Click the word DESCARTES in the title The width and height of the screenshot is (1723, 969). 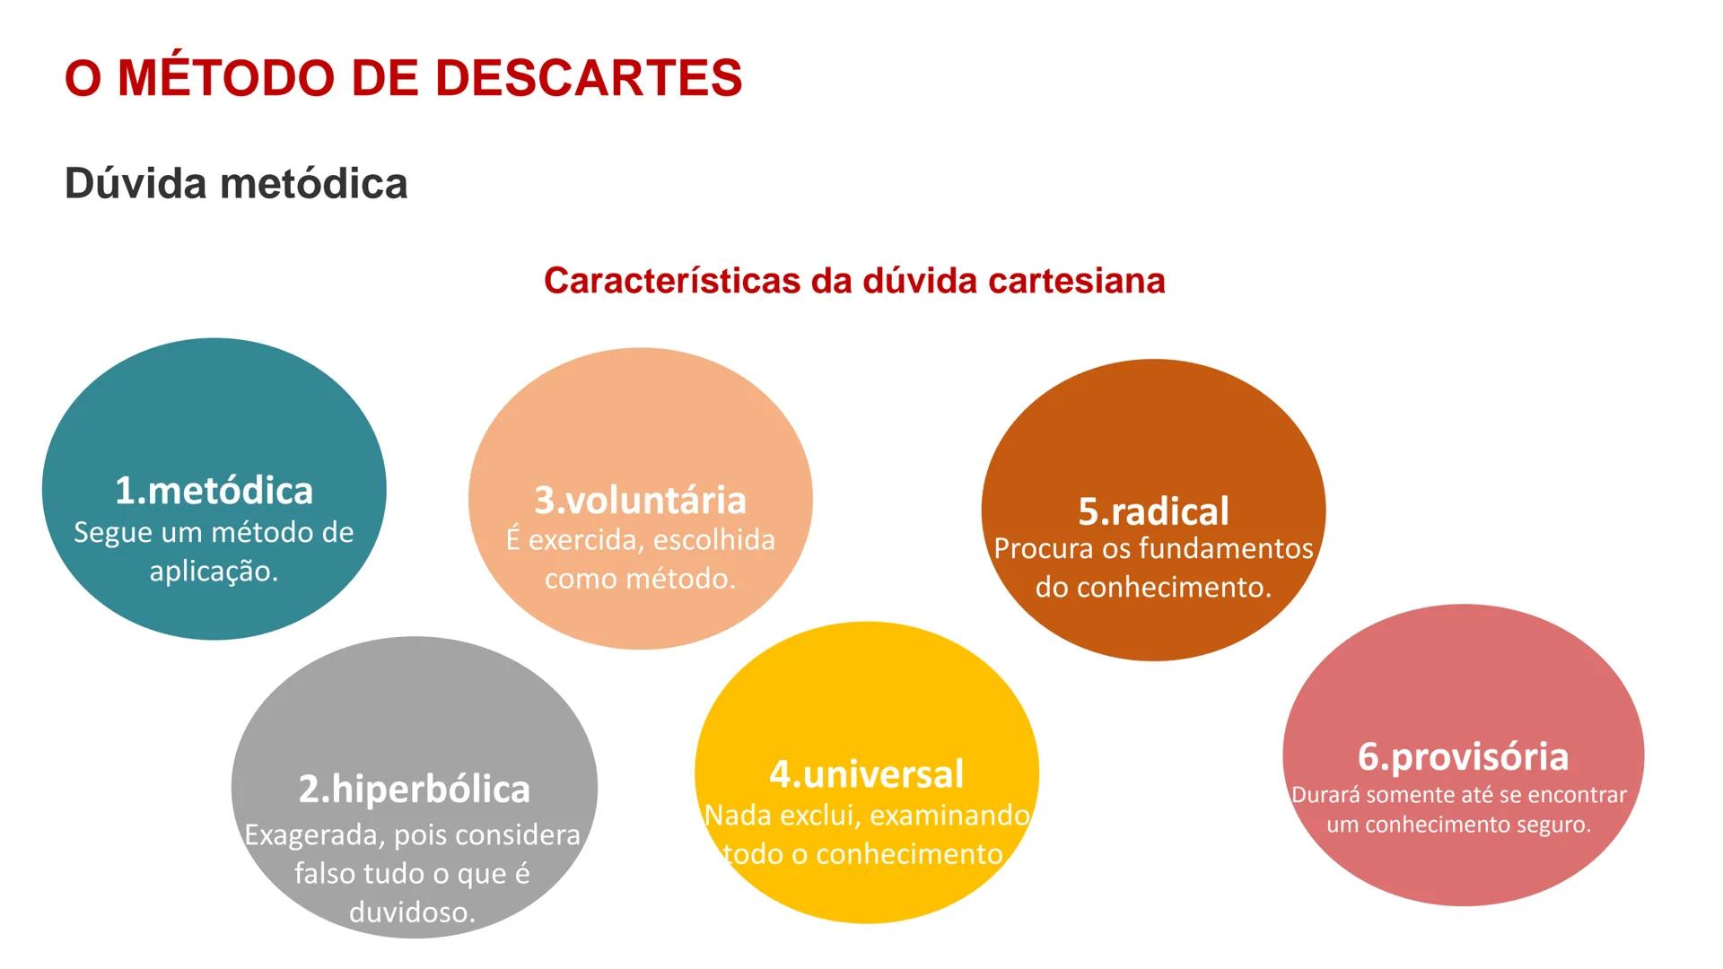589,78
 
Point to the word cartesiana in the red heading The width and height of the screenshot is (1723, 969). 1077,281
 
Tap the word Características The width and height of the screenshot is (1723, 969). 671,281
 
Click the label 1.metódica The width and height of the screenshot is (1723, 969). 214,491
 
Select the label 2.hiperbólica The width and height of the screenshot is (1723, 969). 415,790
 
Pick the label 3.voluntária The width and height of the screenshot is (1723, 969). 641,501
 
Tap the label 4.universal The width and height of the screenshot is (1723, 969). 867,774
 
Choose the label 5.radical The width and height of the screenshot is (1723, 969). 1154,511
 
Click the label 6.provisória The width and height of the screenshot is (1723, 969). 1464,757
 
